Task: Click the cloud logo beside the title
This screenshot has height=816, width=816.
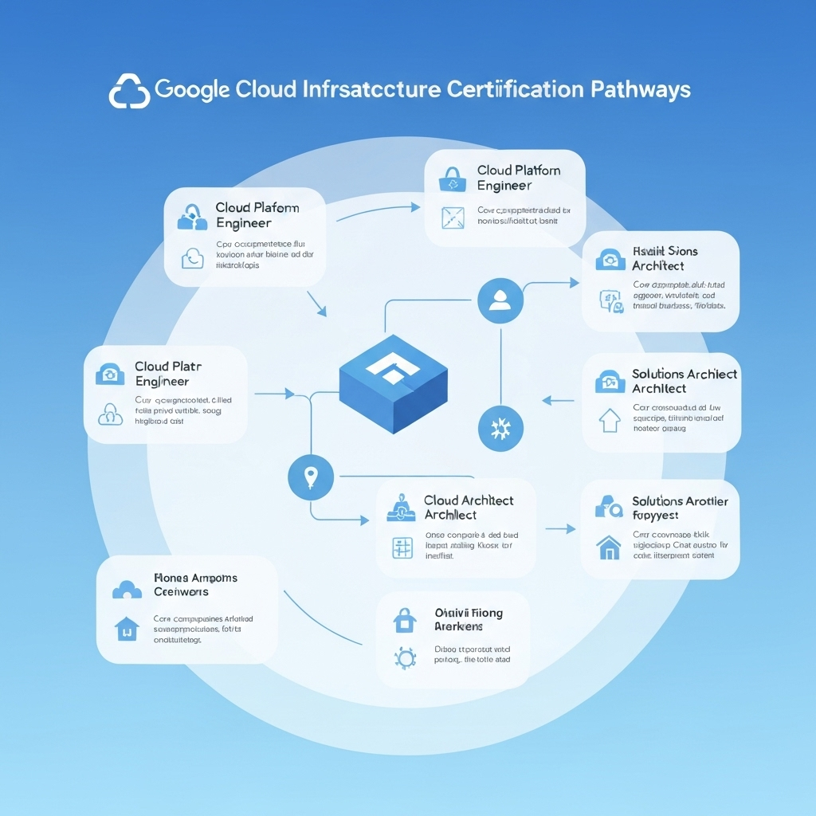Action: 129,91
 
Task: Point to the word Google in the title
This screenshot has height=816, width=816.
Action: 194,89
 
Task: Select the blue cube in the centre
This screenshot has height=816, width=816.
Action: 394,383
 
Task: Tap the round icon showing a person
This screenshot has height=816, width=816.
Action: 500,301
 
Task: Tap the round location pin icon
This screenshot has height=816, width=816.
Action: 310,477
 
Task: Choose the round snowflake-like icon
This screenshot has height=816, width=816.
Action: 500,429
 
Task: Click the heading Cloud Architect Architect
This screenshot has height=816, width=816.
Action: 469,508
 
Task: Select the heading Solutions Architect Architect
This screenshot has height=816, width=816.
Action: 684,381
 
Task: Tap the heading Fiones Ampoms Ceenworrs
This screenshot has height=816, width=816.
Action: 194,585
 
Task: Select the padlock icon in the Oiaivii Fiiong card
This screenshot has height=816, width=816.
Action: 405,618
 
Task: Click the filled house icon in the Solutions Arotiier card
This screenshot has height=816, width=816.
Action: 609,547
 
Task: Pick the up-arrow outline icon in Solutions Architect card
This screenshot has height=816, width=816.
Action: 609,420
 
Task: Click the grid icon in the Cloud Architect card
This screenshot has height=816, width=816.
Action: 401,547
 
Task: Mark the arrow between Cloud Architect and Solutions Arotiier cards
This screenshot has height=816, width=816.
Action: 560,528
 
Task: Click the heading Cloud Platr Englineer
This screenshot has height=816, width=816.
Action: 167,374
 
